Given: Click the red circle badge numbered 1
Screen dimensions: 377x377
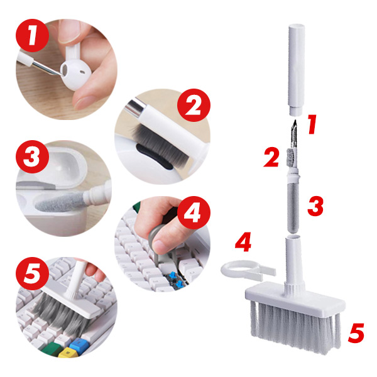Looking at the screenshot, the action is [x=33, y=35].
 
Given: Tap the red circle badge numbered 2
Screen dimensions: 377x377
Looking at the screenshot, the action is [x=194, y=105].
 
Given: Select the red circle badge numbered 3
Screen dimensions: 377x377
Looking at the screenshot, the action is [x=33, y=156].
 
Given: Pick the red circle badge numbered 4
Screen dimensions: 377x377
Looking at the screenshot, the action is [x=194, y=212].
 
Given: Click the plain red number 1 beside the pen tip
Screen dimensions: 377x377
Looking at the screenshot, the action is [x=312, y=124].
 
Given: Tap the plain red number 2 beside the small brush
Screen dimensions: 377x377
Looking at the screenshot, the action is [x=271, y=158].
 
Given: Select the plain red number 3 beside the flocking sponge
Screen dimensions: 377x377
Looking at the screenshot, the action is [x=315, y=206].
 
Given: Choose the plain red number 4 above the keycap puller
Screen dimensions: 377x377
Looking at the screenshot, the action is [x=243, y=242].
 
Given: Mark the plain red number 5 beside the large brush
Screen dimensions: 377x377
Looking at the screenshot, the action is [x=356, y=333].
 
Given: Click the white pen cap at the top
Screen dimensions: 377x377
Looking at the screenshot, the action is [x=297, y=70].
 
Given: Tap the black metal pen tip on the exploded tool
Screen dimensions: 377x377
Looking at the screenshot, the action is [x=294, y=133].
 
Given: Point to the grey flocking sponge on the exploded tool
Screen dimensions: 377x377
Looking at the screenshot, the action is [x=293, y=208].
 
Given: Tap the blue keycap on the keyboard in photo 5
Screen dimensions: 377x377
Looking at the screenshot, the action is [x=79, y=344].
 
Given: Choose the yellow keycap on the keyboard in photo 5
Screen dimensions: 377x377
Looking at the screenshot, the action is [x=67, y=353].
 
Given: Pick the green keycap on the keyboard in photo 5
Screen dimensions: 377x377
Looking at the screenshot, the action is [x=52, y=348].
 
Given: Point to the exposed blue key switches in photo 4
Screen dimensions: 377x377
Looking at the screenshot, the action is [x=175, y=280].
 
